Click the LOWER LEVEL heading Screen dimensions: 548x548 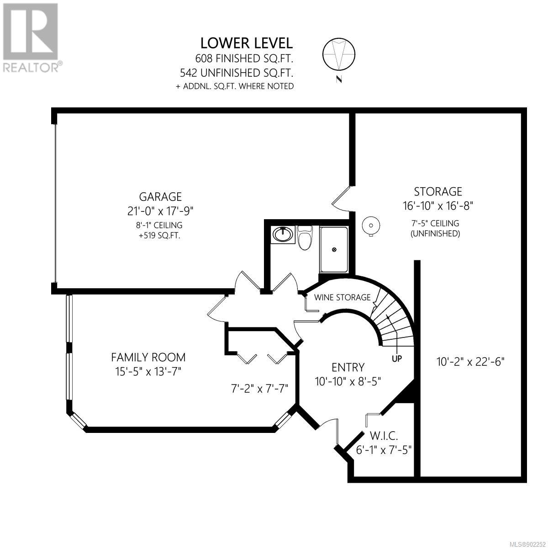click(x=246, y=43)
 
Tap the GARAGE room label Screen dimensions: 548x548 click(x=160, y=196)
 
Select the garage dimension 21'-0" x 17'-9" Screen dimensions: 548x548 click(x=160, y=211)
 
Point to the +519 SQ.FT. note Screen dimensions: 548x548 click(x=159, y=236)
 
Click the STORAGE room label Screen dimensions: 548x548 click(x=437, y=191)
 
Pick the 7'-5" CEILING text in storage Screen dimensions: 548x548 click(x=435, y=223)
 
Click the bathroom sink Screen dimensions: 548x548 click(x=282, y=234)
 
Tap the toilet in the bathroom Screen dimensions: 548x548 click(x=304, y=238)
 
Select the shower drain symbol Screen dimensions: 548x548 click(x=334, y=249)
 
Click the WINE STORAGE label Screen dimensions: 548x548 click(x=342, y=297)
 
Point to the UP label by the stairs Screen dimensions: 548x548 click(x=397, y=358)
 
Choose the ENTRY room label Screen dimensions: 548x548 click(x=348, y=368)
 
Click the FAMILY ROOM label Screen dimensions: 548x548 click(x=148, y=357)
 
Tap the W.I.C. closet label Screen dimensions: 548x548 click(x=384, y=436)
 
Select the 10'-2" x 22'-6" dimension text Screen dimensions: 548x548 click(x=470, y=362)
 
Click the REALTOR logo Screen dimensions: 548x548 click(x=31, y=38)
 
